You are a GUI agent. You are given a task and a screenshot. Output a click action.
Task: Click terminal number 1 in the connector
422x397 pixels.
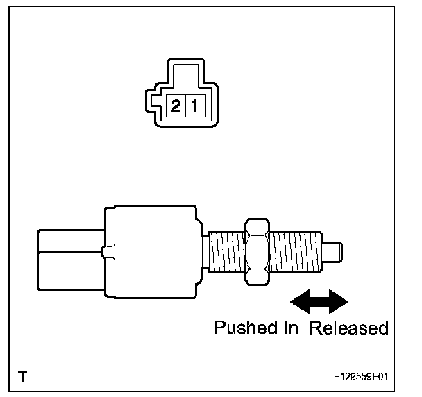point(194,106)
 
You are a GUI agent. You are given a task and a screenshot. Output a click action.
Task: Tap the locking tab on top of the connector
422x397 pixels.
point(185,74)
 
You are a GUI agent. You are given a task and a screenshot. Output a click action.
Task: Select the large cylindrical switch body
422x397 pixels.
point(154,251)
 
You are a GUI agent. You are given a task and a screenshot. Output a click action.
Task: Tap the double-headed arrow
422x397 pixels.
point(319,301)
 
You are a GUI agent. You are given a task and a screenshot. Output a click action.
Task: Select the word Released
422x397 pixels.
point(349,328)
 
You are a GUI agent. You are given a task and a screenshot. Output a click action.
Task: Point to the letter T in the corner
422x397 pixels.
point(23,378)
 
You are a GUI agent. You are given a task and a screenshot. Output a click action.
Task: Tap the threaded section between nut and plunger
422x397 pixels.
point(296,251)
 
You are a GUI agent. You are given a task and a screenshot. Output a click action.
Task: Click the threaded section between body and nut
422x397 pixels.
point(226,251)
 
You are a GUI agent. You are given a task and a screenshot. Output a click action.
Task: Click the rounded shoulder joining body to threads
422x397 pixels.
point(200,251)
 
